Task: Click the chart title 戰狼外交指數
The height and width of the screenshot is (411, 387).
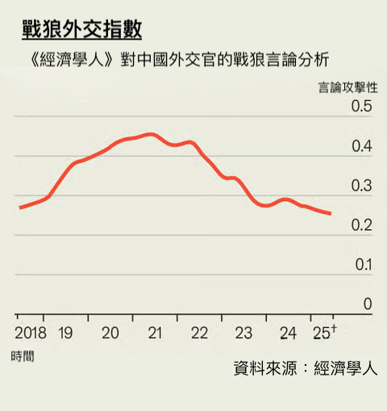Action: tap(81, 30)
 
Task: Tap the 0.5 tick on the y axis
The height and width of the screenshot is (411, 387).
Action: tap(360, 107)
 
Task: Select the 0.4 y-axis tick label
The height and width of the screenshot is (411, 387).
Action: tap(360, 147)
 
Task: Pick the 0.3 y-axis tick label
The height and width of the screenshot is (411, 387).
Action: tap(360, 187)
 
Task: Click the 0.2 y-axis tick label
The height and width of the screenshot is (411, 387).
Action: tap(360, 225)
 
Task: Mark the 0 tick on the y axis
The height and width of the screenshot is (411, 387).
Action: tap(368, 304)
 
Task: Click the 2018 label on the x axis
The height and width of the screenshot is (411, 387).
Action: tap(31, 333)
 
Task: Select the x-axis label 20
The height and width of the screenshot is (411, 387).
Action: tap(110, 333)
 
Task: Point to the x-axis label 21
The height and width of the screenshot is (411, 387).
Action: tap(155, 333)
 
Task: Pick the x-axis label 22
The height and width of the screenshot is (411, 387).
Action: tap(199, 333)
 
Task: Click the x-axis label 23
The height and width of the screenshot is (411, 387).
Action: tap(243, 333)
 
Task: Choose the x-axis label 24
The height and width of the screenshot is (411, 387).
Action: tap(288, 333)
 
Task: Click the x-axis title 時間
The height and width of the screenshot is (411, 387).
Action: tap(23, 356)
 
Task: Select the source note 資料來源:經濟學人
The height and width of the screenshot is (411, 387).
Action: tap(305, 368)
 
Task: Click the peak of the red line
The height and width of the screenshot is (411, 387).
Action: tap(151, 134)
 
